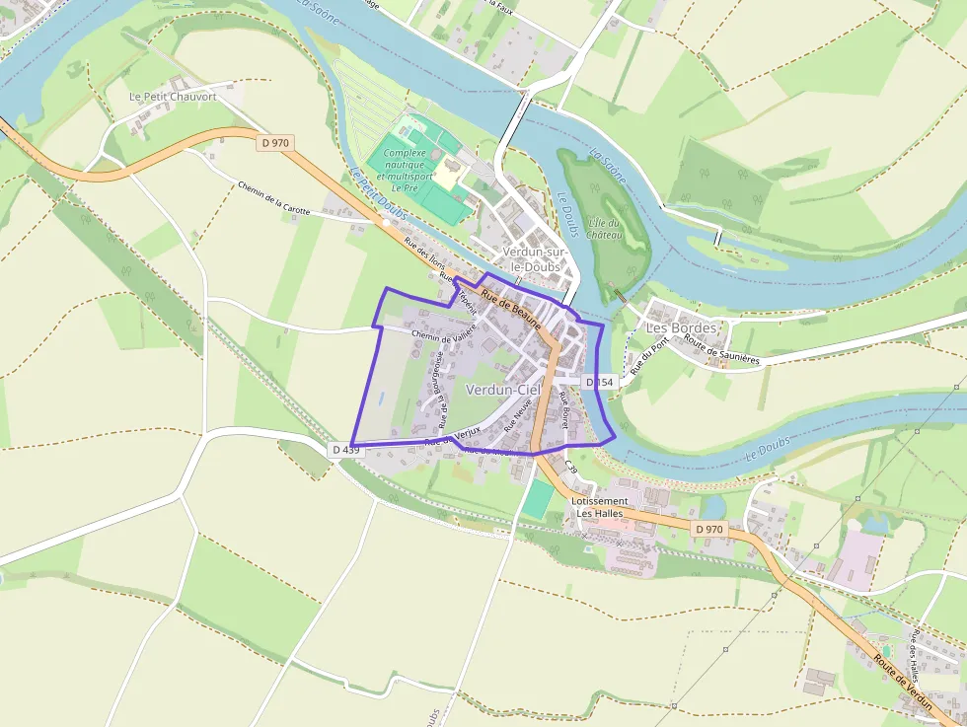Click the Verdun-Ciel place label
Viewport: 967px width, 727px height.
click(x=503, y=390)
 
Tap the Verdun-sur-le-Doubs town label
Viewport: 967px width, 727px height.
click(x=532, y=259)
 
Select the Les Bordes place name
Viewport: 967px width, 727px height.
click(x=681, y=327)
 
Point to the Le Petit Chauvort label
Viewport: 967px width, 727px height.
click(x=173, y=97)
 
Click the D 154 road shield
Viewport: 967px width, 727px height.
click(x=599, y=382)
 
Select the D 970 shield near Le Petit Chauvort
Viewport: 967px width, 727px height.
click(x=276, y=143)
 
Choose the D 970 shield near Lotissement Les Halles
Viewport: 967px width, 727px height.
click(x=708, y=530)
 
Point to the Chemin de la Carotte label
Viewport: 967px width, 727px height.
click(x=274, y=198)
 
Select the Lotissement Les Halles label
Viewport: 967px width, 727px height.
click(x=599, y=507)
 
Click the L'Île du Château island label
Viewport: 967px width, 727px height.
click(x=604, y=229)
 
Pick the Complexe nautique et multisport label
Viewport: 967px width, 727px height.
click(x=404, y=170)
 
